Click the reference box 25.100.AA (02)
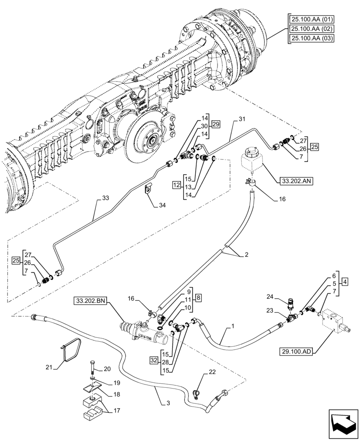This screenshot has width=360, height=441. pos(311,29)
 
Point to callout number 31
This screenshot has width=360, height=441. pos(241,120)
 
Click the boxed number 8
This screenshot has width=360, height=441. pos(199,297)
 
